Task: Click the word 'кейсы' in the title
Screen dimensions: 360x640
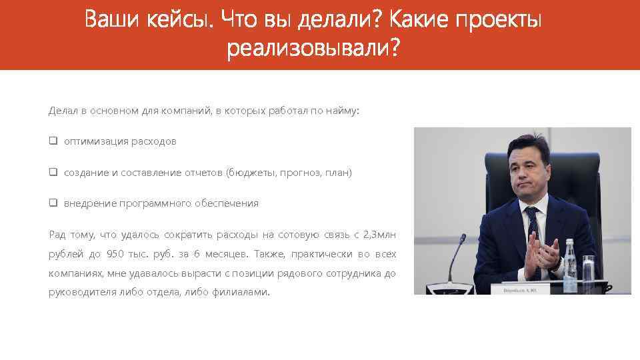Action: [x=178, y=21]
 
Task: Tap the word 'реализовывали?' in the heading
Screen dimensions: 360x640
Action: [x=314, y=49]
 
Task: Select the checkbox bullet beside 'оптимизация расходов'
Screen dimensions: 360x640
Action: [x=53, y=141]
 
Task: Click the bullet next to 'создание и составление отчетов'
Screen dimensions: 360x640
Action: [x=53, y=172]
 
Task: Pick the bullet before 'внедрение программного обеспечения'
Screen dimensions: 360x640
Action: [x=53, y=203]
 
